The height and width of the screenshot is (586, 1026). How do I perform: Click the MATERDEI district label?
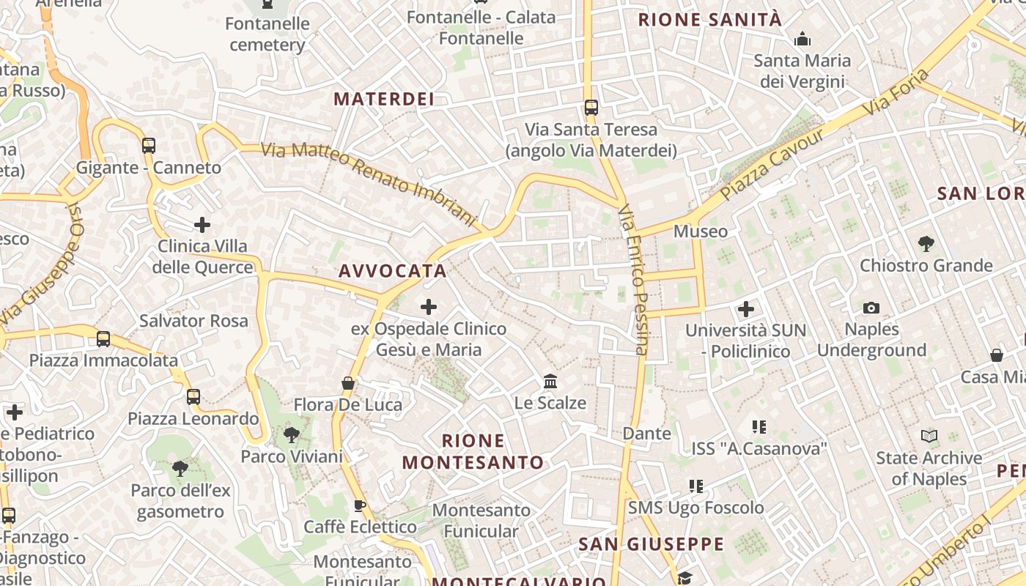pyautogui.click(x=384, y=99)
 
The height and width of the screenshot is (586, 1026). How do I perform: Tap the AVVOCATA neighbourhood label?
pyautogui.click(x=393, y=271)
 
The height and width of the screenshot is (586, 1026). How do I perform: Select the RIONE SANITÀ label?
pyautogui.click(x=710, y=20)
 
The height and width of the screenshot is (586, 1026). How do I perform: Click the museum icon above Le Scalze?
pyautogui.click(x=550, y=382)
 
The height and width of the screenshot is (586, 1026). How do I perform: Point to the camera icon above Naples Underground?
pyautogui.click(x=871, y=308)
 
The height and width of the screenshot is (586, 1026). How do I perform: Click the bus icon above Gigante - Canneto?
pyautogui.click(x=149, y=145)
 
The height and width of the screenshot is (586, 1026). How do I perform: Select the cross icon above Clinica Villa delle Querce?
pyautogui.click(x=202, y=224)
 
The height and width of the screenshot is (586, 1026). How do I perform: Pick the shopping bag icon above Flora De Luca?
pyautogui.click(x=348, y=383)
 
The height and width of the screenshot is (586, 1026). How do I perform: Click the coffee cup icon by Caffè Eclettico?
pyautogui.click(x=360, y=505)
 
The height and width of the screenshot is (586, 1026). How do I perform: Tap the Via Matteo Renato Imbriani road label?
pyautogui.click(x=369, y=182)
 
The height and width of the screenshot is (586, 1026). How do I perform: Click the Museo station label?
pyautogui.click(x=701, y=231)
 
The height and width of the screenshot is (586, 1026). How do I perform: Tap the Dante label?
pyautogui.click(x=647, y=433)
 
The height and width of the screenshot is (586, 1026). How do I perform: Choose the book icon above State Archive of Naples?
pyautogui.click(x=929, y=437)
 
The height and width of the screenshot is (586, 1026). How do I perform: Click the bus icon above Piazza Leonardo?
pyautogui.click(x=193, y=396)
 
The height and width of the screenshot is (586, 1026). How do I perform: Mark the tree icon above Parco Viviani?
pyautogui.click(x=292, y=435)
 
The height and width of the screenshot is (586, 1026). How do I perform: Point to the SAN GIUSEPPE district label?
pyautogui.click(x=651, y=544)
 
